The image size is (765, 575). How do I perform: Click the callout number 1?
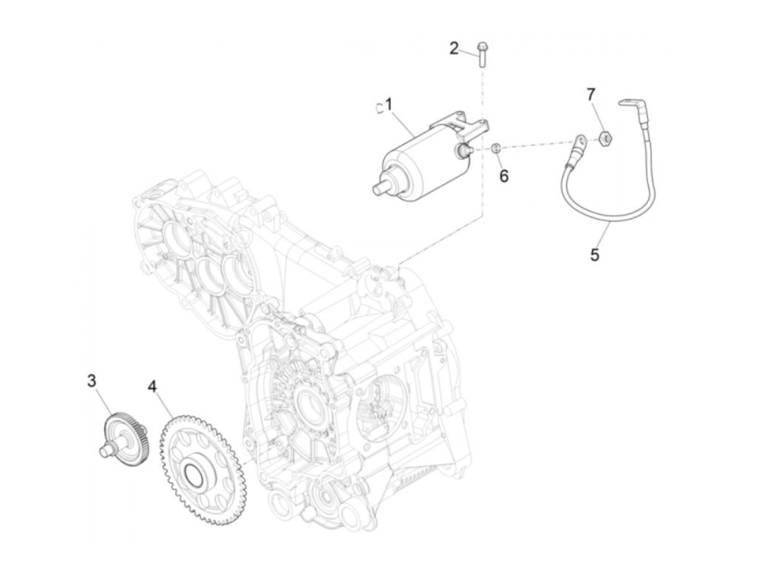point(389,104)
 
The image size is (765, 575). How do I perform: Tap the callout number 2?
point(454,49)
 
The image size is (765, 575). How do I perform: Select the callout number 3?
point(92,380)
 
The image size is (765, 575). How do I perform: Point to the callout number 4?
point(152,387)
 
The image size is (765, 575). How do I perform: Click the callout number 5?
point(595,254)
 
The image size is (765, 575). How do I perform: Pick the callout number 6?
point(504,176)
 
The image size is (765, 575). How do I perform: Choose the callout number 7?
point(591,95)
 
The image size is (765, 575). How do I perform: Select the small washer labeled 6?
point(496,148)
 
